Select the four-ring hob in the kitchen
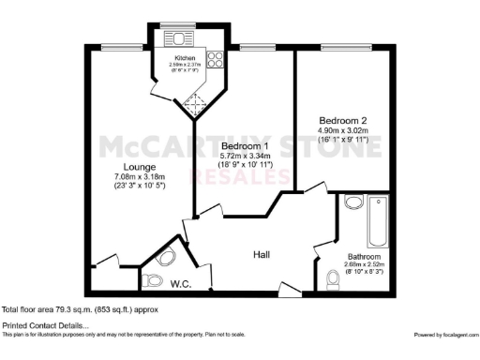pyautogui.click(x=213, y=59)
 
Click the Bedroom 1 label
pyautogui.click(x=246, y=146)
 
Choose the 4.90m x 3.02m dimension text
pyautogui.click(x=344, y=130)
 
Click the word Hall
pyautogui.click(x=265, y=254)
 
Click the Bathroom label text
pyautogui.click(x=364, y=257)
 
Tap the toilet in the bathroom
pyautogui.click(x=333, y=279)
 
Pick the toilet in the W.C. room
pyautogui.click(x=152, y=277)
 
